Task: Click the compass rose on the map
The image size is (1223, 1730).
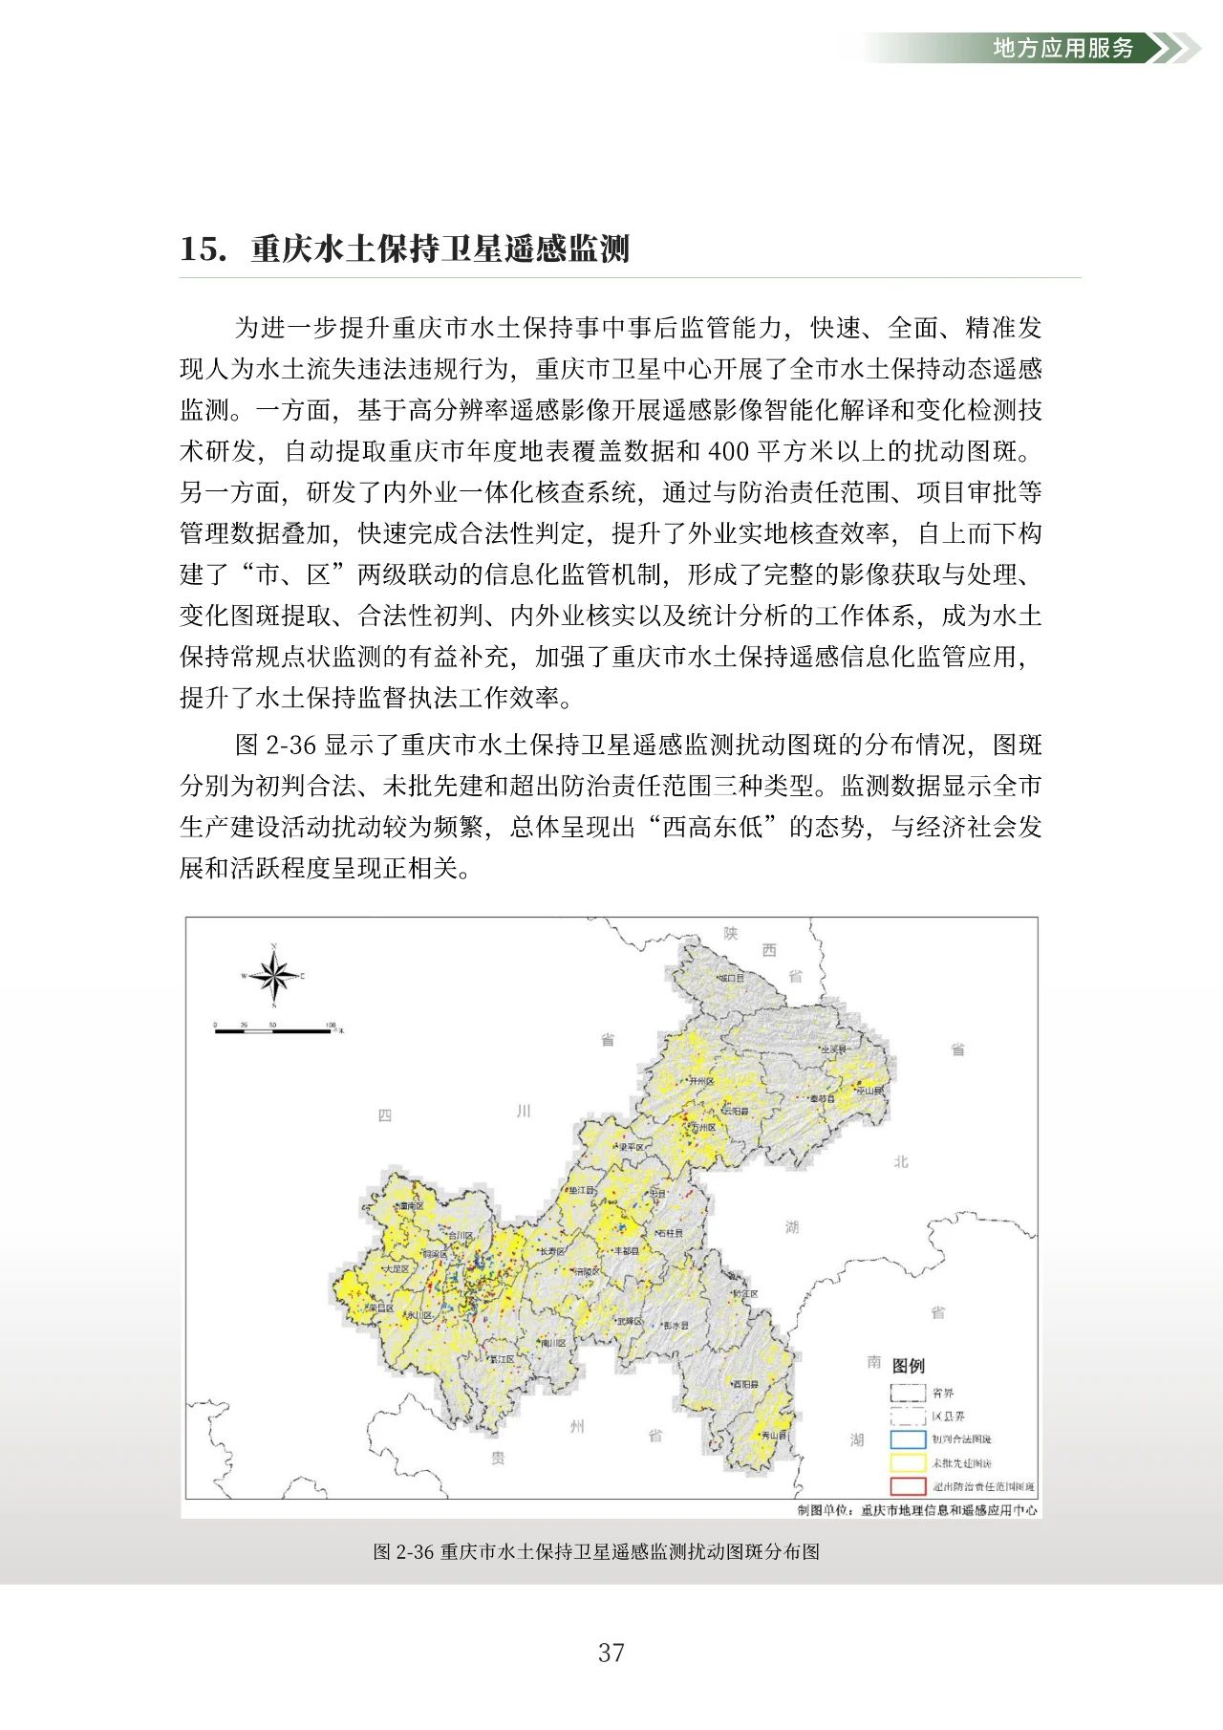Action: tap(274, 976)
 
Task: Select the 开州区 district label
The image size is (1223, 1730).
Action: tap(700, 1081)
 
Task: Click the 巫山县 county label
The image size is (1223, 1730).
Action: tap(869, 1091)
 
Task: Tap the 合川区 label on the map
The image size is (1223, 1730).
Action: tap(461, 1235)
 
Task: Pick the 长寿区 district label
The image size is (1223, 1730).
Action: tap(552, 1251)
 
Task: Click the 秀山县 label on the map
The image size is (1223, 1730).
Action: tap(773, 1436)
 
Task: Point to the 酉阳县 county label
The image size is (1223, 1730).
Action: tap(745, 1385)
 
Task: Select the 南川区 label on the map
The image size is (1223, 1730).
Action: tap(552, 1343)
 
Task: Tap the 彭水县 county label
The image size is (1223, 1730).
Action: tap(676, 1326)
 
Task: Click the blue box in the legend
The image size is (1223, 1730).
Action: tap(908, 1439)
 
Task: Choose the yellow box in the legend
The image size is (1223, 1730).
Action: tap(908, 1463)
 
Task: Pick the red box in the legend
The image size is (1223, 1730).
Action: tap(908, 1487)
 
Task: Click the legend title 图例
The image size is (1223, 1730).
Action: tap(908, 1366)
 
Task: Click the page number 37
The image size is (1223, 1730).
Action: tap(611, 1653)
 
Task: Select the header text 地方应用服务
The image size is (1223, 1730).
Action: tap(1063, 48)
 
